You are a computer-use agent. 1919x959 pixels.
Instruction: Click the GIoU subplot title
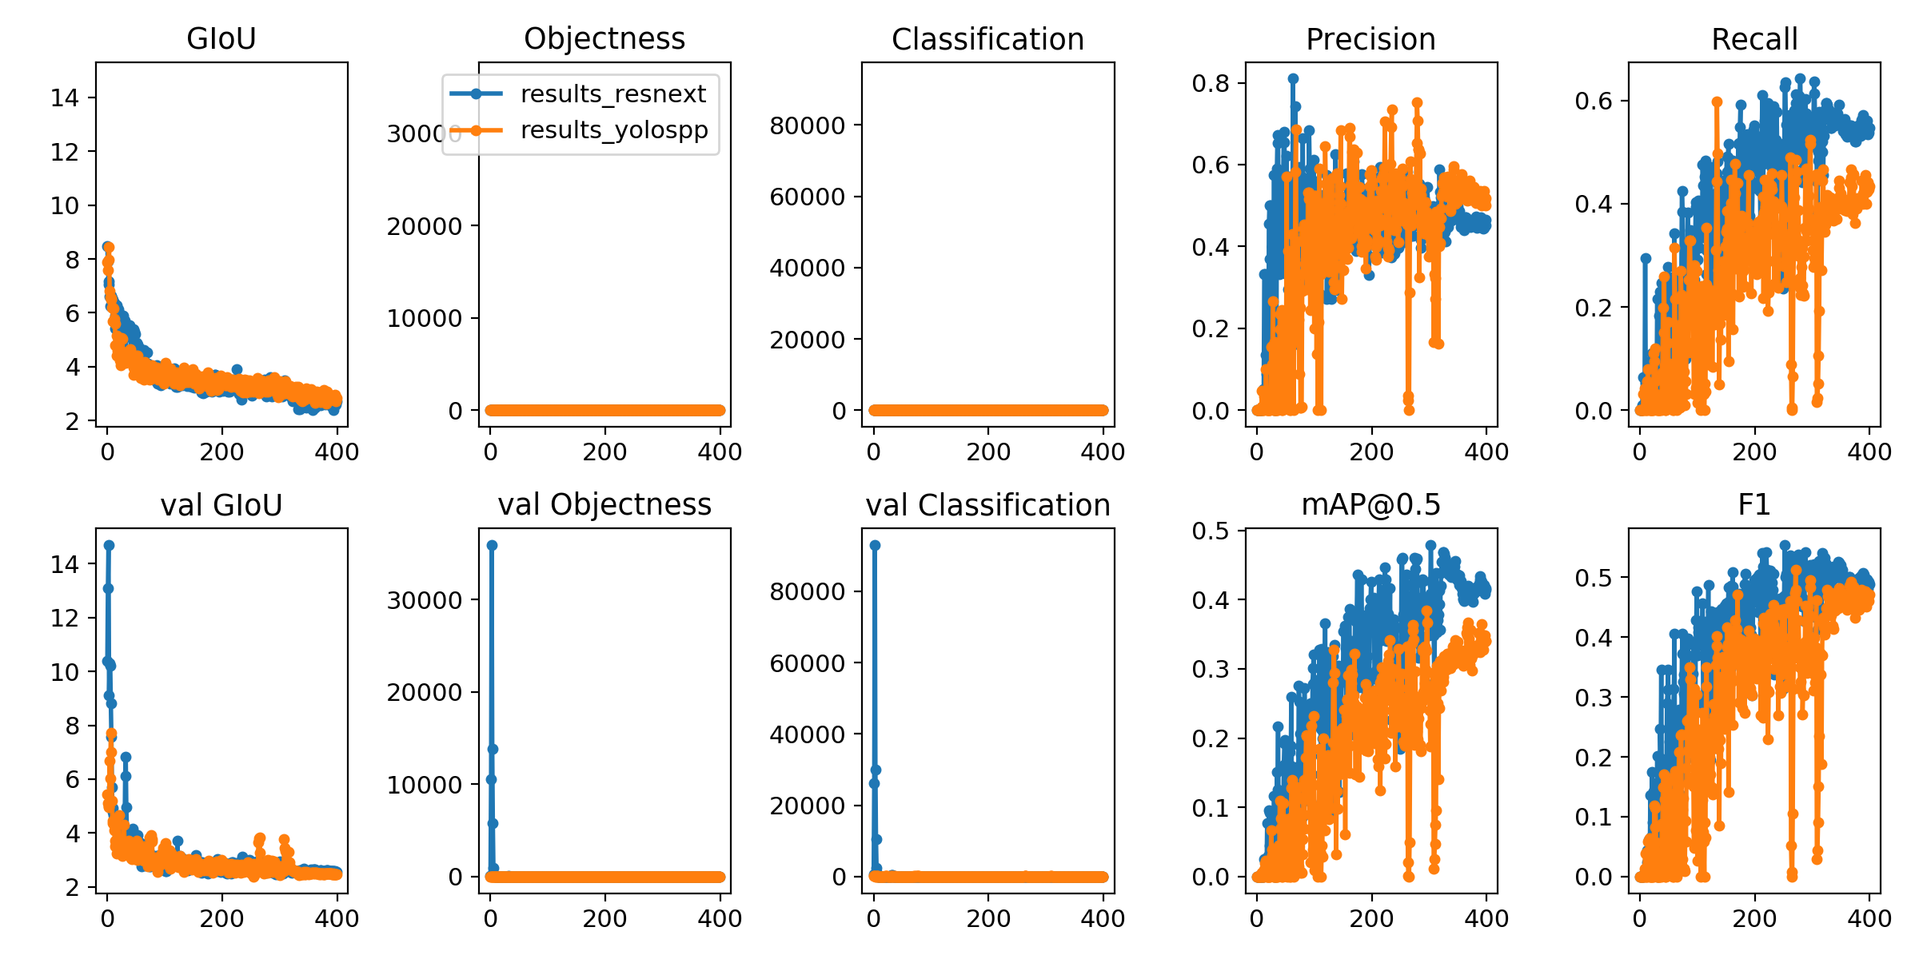coord(221,38)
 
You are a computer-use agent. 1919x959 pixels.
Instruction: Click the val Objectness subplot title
coord(604,505)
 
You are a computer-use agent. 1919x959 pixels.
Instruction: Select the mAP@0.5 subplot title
coord(1370,505)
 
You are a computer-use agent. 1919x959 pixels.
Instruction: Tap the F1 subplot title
coord(1754,505)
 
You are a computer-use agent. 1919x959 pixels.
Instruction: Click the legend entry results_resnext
coord(612,94)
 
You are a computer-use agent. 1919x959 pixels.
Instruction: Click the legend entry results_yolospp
coord(614,129)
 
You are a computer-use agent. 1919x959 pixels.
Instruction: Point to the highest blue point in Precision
coord(1293,78)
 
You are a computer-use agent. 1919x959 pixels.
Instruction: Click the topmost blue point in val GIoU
coord(109,545)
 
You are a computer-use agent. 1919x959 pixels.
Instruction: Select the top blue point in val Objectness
coord(492,545)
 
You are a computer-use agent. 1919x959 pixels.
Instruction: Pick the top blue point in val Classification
coord(875,545)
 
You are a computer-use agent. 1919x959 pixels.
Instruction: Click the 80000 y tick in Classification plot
coord(807,125)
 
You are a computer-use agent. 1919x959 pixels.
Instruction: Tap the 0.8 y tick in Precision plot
coord(1209,83)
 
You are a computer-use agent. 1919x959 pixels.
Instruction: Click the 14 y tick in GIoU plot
coord(65,98)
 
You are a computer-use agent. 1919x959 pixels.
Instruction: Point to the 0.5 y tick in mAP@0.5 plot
coord(1209,531)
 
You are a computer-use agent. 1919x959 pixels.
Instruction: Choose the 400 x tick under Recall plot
coord(1869,452)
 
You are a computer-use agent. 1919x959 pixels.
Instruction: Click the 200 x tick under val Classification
coord(988,919)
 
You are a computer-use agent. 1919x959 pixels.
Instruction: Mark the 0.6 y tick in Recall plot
coord(1592,101)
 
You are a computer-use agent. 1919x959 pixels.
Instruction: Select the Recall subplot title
coord(1754,38)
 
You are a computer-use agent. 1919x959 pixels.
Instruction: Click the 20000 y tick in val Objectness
coord(424,693)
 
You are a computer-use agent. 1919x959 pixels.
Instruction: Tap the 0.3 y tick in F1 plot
coord(1592,698)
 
